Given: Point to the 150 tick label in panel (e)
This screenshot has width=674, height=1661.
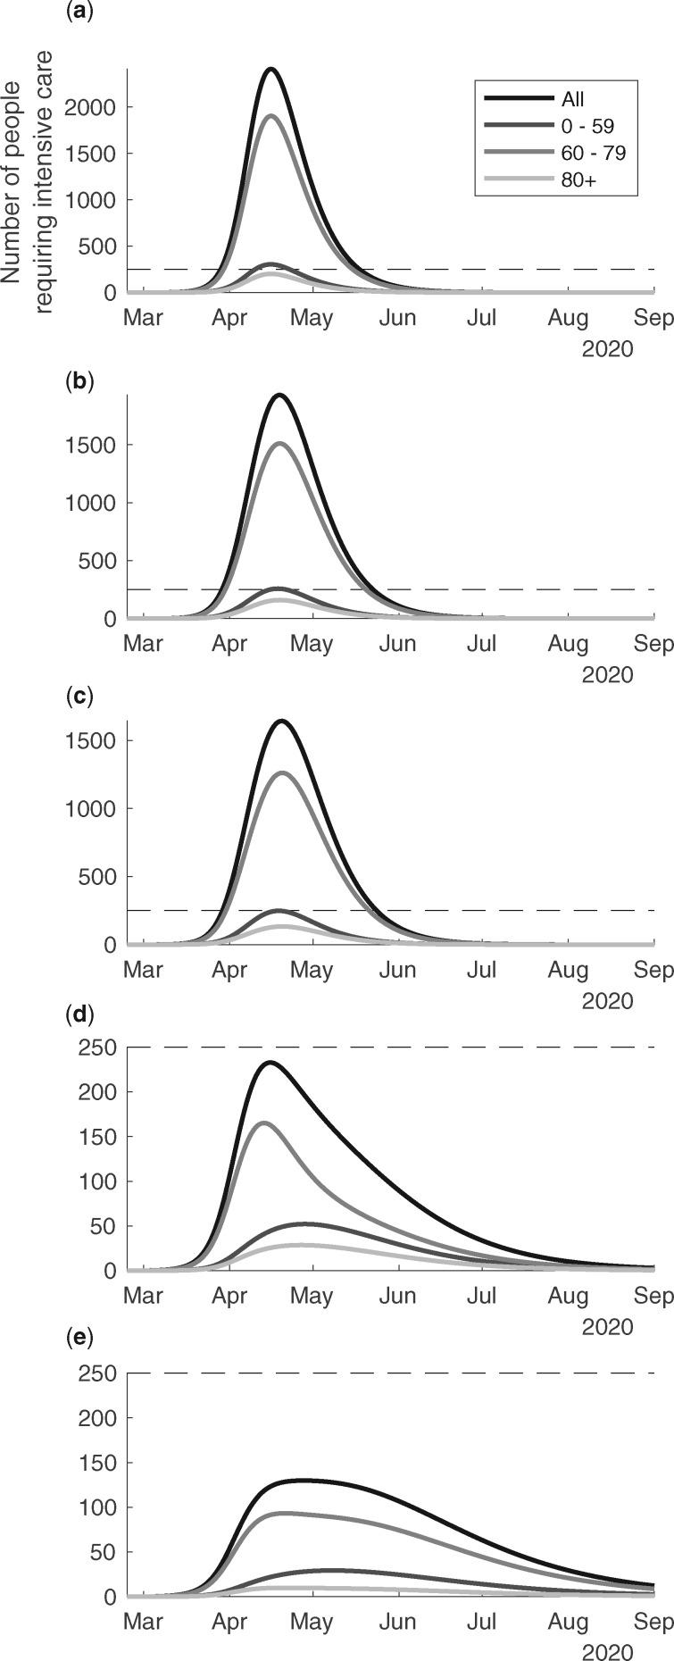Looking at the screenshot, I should (x=101, y=1463).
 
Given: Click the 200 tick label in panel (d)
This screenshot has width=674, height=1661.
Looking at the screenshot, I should (x=101, y=1092).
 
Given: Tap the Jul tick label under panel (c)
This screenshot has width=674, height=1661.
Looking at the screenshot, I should (x=483, y=970).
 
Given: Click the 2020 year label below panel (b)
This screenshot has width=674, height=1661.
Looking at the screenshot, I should (x=607, y=674).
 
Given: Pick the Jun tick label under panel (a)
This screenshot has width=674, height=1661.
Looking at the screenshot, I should (x=397, y=318).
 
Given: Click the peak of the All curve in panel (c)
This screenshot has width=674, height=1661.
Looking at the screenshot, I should (x=283, y=721).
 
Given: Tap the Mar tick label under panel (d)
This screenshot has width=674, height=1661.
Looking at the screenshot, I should (x=143, y=1295).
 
